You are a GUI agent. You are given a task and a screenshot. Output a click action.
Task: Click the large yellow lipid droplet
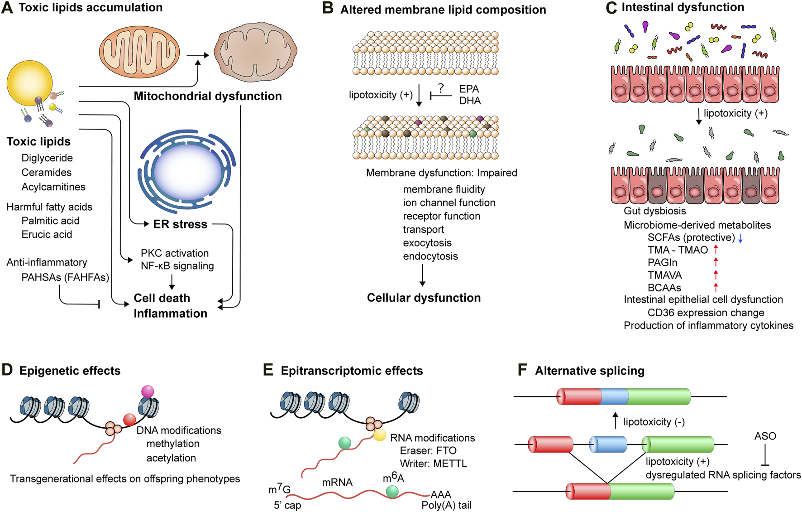tap(29, 83)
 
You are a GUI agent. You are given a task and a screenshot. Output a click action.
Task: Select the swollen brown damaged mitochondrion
tap(256, 51)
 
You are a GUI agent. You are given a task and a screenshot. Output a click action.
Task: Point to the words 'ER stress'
tap(180, 224)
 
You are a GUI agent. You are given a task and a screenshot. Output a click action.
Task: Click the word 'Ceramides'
tap(47, 172)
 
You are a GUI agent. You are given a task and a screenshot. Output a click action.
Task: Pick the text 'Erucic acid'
tap(47, 234)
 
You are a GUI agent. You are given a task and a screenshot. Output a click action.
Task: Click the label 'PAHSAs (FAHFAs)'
tap(65, 277)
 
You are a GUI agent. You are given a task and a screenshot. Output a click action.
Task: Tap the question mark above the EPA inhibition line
tap(441, 88)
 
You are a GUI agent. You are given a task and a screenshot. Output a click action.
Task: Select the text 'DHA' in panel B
tap(470, 101)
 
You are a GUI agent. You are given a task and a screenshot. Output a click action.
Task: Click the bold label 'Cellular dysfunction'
tap(424, 298)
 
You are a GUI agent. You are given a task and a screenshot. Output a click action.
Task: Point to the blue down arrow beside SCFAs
tap(740, 238)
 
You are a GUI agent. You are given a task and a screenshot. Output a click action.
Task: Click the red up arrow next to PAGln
tap(716, 262)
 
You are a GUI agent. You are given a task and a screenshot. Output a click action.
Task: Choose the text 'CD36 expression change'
tap(706, 313)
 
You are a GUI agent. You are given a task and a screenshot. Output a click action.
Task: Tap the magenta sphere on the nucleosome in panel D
tap(148, 391)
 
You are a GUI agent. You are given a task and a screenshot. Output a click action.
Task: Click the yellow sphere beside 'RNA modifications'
tap(380, 435)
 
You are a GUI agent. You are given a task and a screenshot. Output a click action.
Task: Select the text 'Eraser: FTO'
tap(428, 451)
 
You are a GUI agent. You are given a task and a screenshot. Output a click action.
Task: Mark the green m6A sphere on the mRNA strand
tap(392, 492)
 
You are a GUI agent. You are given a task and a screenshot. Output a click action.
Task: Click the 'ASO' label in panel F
tap(765, 436)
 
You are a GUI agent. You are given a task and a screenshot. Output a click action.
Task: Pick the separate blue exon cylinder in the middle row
tap(608, 444)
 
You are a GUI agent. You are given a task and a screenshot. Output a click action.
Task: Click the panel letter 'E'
tap(268, 370)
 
